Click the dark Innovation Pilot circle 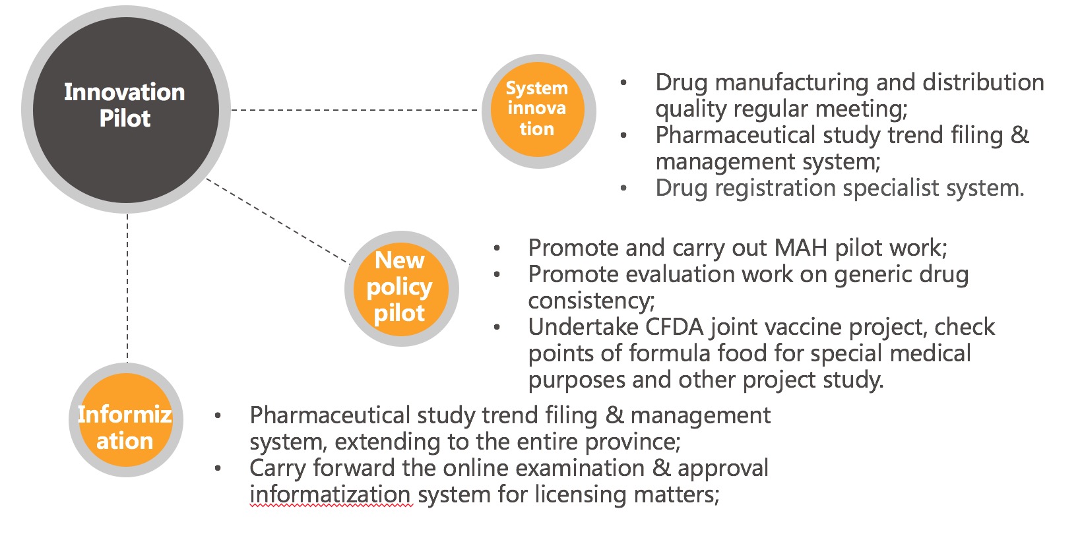pos(125,109)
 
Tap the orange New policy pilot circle pos(401,289)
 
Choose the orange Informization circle pos(125,419)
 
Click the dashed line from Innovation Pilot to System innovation pos(355,110)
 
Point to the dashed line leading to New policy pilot pos(277,221)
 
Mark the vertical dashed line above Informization pos(127,287)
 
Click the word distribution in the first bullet pos(984,82)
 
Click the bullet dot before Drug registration pos(623,189)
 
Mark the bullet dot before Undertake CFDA pos(497,328)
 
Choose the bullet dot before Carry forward pos(218,468)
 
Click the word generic pos(873,275)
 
